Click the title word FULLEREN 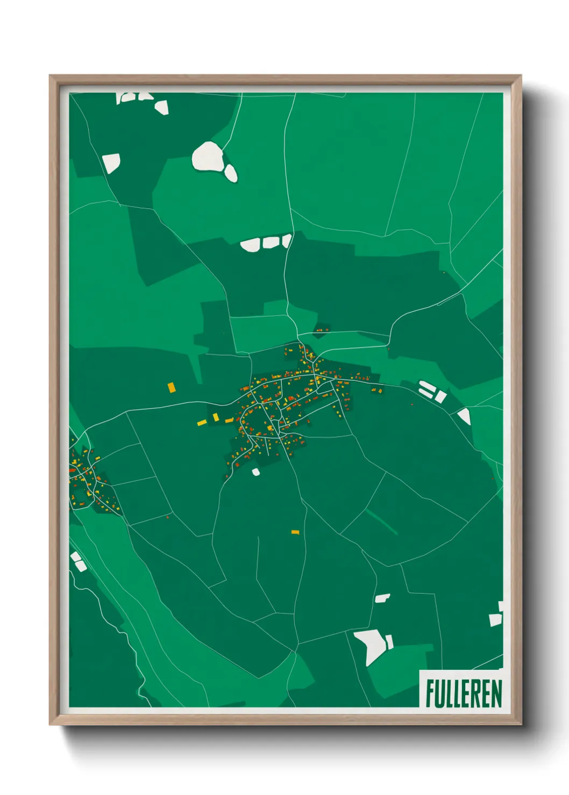click(464, 693)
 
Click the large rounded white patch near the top click(208, 156)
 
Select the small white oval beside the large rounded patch click(231, 173)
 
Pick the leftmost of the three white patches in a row click(250, 245)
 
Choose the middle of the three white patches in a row click(271, 242)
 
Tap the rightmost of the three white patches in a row click(287, 240)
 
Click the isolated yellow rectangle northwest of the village click(171, 387)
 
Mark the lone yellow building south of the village click(295, 532)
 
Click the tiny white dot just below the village click(256, 472)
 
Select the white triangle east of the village click(465, 416)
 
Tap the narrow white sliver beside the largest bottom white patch click(389, 641)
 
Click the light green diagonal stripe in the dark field click(381, 522)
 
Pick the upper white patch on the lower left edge click(75, 556)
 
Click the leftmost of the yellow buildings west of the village click(202, 423)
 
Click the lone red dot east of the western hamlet click(168, 517)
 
